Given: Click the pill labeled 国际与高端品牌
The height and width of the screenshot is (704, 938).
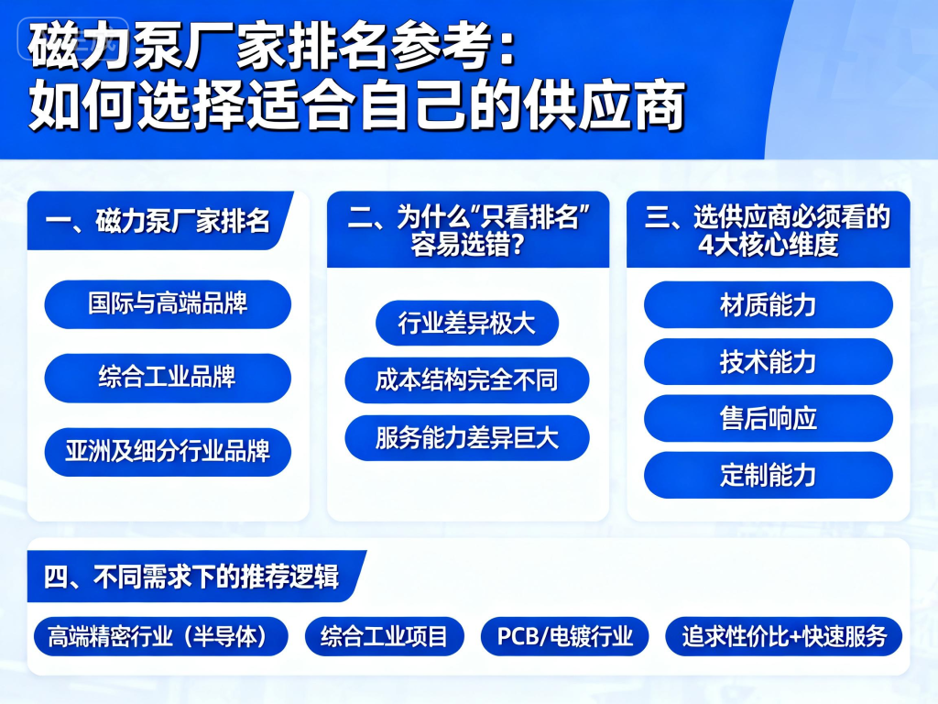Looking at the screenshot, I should [168, 303].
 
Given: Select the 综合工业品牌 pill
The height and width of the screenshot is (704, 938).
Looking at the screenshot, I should [168, 378].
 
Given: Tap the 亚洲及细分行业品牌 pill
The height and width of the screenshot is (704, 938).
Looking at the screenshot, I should [168, 452].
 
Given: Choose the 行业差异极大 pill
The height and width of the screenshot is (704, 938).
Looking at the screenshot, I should [467, 324].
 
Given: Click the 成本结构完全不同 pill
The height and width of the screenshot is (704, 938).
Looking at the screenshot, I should [467, 380].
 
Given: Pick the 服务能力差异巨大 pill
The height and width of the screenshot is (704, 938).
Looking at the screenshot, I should [467, 437].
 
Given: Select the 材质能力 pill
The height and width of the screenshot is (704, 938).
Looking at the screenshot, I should [768, 304].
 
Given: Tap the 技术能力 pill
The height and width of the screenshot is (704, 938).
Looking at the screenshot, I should [768, 361].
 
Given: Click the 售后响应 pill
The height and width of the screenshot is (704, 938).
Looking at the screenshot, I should [768, 418].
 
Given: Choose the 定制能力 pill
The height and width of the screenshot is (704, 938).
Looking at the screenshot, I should [768, 475].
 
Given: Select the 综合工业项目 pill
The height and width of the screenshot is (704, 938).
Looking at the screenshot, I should [385, 636].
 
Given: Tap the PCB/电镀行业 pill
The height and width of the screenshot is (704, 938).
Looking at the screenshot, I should [565, 636].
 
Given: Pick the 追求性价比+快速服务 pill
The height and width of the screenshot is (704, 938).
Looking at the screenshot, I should [784, 636].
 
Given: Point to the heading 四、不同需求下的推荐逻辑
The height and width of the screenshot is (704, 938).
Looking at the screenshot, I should [191, 577].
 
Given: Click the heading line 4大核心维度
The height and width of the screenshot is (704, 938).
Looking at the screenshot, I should [768, 246].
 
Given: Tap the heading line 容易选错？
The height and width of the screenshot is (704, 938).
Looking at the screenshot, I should [467, 246].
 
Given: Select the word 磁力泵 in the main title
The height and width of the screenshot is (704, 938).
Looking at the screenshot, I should [97, 46].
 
